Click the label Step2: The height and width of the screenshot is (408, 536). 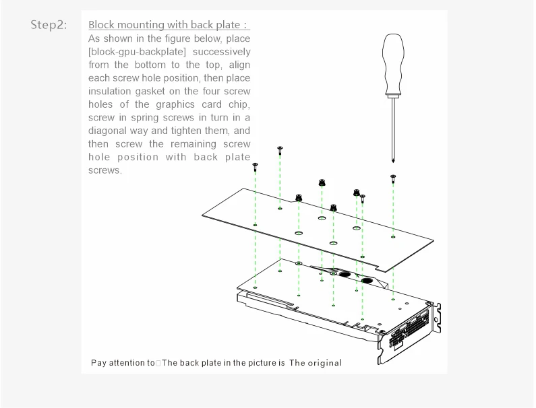point(49,26)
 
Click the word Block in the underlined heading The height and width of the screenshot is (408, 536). point(101,26)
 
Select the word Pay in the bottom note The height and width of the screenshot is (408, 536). point(98,364)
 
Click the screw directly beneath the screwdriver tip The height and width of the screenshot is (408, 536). point(394,178)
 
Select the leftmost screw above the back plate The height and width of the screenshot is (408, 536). point(256,165)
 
